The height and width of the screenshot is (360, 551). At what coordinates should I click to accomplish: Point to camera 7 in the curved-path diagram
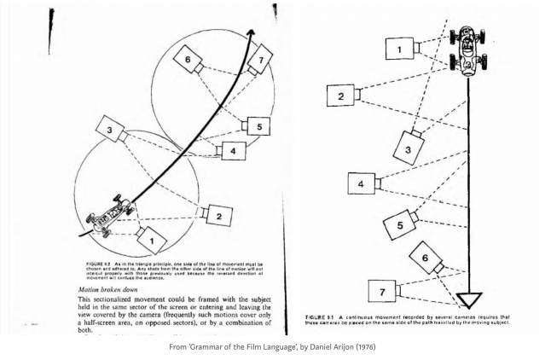point(260,59)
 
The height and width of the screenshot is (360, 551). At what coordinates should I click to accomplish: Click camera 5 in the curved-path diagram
point(258,125)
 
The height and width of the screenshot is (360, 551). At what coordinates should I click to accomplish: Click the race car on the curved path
point(109,217)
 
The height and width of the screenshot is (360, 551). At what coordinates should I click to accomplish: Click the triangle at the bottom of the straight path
point(469,299)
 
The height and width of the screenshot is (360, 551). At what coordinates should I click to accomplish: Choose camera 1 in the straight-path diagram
point(398,49)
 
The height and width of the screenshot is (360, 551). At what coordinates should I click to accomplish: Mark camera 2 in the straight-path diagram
point(340,96)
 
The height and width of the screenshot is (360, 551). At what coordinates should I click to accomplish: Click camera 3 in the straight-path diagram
point(409,148)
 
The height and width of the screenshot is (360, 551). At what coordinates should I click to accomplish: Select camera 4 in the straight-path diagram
point(362,183)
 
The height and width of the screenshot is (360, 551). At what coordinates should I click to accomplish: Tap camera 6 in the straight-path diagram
point(425,256)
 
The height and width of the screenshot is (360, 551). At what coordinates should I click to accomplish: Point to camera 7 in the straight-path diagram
point(382,290)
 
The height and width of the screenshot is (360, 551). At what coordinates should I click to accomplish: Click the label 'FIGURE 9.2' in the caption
point(98,265)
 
